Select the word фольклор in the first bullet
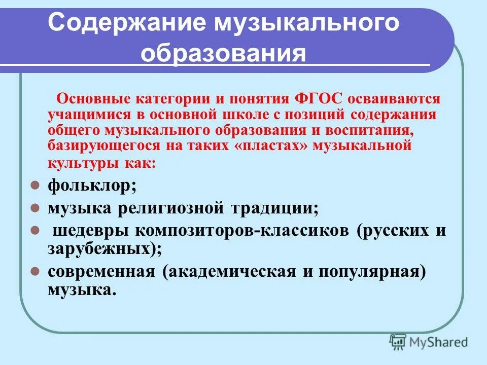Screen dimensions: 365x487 tap(89, 186)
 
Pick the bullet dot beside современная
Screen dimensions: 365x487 tap(34, 271)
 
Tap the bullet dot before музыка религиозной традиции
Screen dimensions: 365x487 tap(34, 208)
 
